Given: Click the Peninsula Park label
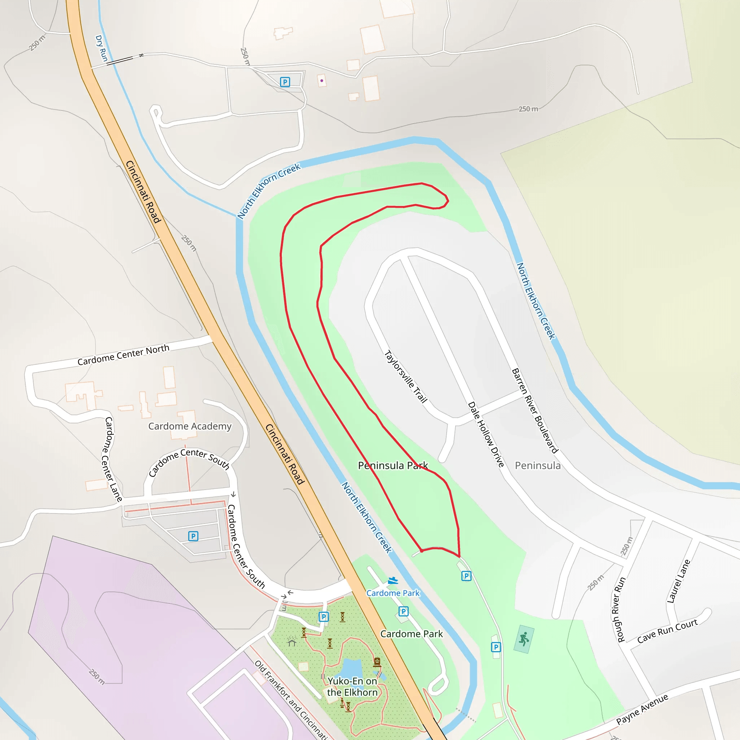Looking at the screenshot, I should click(x=393, y=465).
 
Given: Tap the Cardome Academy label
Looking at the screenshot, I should click(x=190, y=426).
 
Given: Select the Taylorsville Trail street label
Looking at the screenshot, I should click(x=405, y=377).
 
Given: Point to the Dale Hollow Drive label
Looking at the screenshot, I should click(x=486, y=434).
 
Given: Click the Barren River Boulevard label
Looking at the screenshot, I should click(x=535, y=410).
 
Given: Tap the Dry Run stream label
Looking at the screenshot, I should click(x=101, y=48).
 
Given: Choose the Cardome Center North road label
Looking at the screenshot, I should click(x=123, y=355).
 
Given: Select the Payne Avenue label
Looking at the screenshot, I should click(x=642, y=710).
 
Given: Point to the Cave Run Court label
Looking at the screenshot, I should click(x=667, y=631).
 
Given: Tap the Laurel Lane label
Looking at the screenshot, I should click(x=678, y=581).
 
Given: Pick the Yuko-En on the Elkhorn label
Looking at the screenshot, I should click(x=352, y=687).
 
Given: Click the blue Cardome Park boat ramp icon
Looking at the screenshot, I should click(x=393, y=581).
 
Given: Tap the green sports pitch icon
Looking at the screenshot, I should click(x=524, y=639).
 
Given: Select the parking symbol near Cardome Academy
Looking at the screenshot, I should click(x=193, y=536).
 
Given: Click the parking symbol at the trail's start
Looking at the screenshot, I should click(x=466, y=576).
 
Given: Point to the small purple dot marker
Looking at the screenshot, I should click(x=322, y=81).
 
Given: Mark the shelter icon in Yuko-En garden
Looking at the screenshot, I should click(x=292, y=642).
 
